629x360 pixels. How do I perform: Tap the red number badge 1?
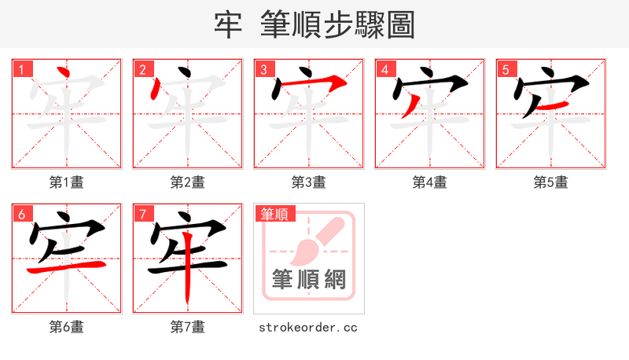point(21,69)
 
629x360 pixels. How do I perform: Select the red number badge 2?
point(142,69)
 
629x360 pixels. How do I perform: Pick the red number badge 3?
point(263,69)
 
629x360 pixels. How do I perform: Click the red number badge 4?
point(384,69)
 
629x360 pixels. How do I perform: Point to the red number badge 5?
point(506,69)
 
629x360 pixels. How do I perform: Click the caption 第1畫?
point(67,182)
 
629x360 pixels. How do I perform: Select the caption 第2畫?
point(188,182)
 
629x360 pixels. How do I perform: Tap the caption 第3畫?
point(309,182)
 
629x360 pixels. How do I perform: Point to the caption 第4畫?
point(430,182)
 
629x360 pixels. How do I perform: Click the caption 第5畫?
point(551,182)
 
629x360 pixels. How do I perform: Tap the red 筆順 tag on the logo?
point(274,213)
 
